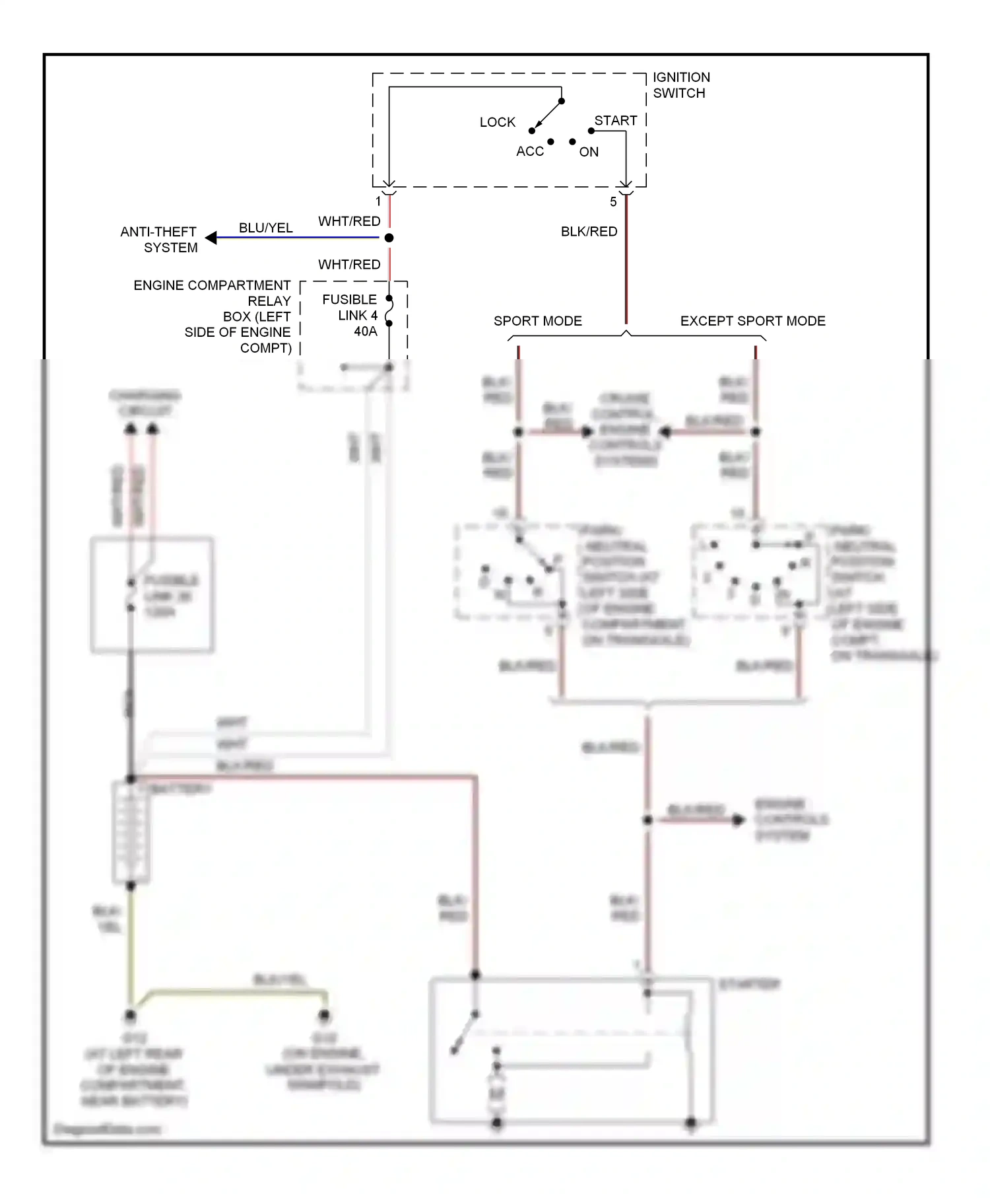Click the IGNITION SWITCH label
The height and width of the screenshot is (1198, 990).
point(681,85)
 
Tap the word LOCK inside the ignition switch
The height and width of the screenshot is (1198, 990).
point(497,122)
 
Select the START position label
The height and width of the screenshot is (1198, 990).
point(615,121)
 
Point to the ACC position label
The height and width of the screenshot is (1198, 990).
point(529,151)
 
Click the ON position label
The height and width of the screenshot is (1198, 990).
point(589,152)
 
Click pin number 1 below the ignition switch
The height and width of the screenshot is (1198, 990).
point(378,201)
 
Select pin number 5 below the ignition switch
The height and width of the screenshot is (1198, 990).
point(613,202)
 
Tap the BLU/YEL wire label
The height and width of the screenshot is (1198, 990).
point(265,228)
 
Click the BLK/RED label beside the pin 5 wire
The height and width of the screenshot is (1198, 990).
point(589,232)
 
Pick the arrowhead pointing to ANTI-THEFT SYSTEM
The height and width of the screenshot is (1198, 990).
point(211,237)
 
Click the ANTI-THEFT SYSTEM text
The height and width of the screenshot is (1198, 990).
point(159,240)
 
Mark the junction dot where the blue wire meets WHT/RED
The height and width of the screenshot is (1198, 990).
point(389,238)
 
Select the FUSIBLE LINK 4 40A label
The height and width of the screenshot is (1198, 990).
point(351,316)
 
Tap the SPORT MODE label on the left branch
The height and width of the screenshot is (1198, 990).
point(537,321)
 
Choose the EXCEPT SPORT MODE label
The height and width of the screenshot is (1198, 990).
point(752,321)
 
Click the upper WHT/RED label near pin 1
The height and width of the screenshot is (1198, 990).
point(349,221)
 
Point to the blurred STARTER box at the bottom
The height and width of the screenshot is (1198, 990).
point(572,1050)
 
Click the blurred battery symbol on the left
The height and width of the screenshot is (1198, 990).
point(131,832)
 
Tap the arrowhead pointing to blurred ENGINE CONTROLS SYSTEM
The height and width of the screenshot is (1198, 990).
point(738,820)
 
